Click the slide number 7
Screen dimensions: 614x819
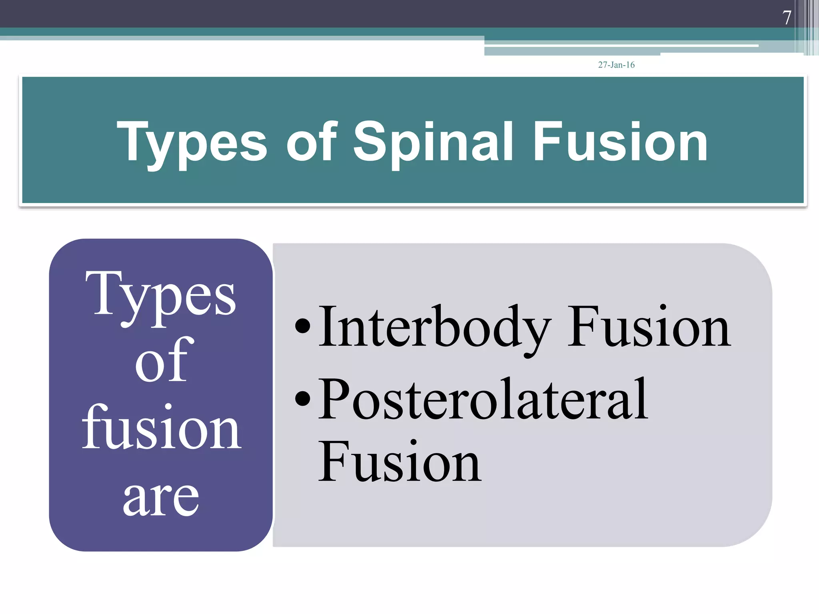pos(787,18)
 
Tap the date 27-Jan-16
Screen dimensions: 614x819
pos(616,65)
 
